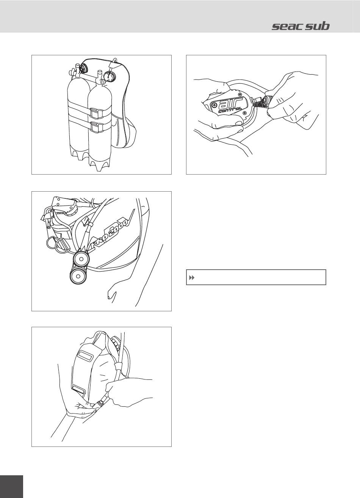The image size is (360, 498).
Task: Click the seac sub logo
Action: click(301, 27)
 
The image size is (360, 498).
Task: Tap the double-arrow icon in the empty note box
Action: click(191, 278)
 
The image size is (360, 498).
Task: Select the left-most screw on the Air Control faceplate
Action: click(214, 104)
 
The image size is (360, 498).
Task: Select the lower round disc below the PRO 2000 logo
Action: click(78, 276)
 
